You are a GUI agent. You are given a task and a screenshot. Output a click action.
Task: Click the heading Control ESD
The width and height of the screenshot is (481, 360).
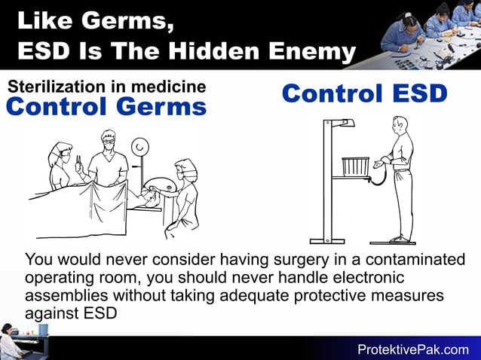coord(365,94)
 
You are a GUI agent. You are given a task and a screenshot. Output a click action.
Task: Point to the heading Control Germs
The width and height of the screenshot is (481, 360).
coord(106,107)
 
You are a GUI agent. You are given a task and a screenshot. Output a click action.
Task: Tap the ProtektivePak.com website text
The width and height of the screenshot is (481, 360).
coord(412,349)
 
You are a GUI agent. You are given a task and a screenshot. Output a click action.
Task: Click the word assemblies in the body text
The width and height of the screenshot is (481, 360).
coord(66,295)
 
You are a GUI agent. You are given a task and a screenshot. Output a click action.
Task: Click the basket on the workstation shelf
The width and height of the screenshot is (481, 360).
coord(355,166)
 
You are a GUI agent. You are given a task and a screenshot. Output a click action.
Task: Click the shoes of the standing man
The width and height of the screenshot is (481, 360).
coord(400,239)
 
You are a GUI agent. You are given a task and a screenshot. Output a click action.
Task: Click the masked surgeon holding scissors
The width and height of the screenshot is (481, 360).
coord(106,162)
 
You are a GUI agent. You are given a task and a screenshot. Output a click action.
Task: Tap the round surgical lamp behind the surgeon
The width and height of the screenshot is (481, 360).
coord(139,146)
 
